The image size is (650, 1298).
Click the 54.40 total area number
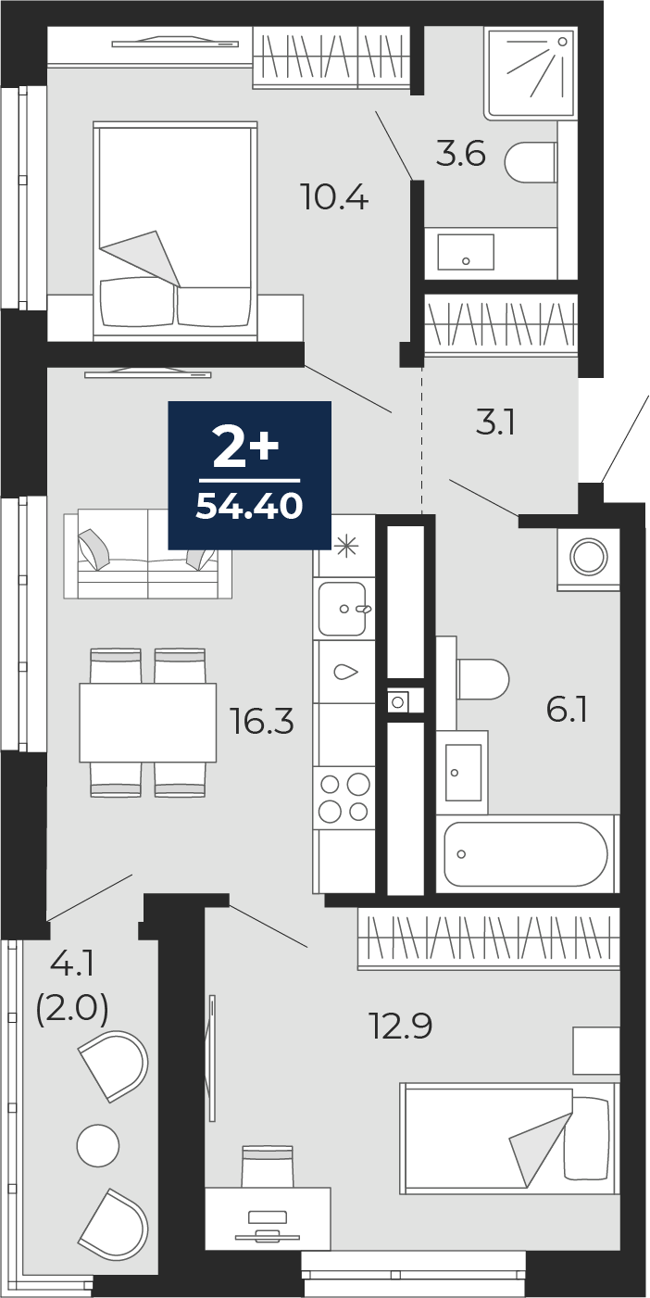(x=249, y=507)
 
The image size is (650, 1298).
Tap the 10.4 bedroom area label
(x=334, y=196)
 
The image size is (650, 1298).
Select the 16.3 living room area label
(x=262, y=722)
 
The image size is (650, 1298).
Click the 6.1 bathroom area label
(x=567, y=710)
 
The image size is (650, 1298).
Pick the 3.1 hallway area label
(x=495, y=423)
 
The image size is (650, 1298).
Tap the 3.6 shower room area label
(x=460, y=155)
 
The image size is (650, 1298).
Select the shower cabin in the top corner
(x=531, y=73)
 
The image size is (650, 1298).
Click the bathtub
(x=527, y=853)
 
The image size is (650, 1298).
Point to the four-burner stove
(x=344, y=798)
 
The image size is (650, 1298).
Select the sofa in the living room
(x=148, y=553)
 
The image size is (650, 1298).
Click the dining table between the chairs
(x=148, y=722)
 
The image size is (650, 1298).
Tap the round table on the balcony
(x=98, y=1146)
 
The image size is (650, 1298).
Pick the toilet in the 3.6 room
(x=530, y=161)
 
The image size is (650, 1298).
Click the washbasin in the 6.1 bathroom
(x=463, y=773)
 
